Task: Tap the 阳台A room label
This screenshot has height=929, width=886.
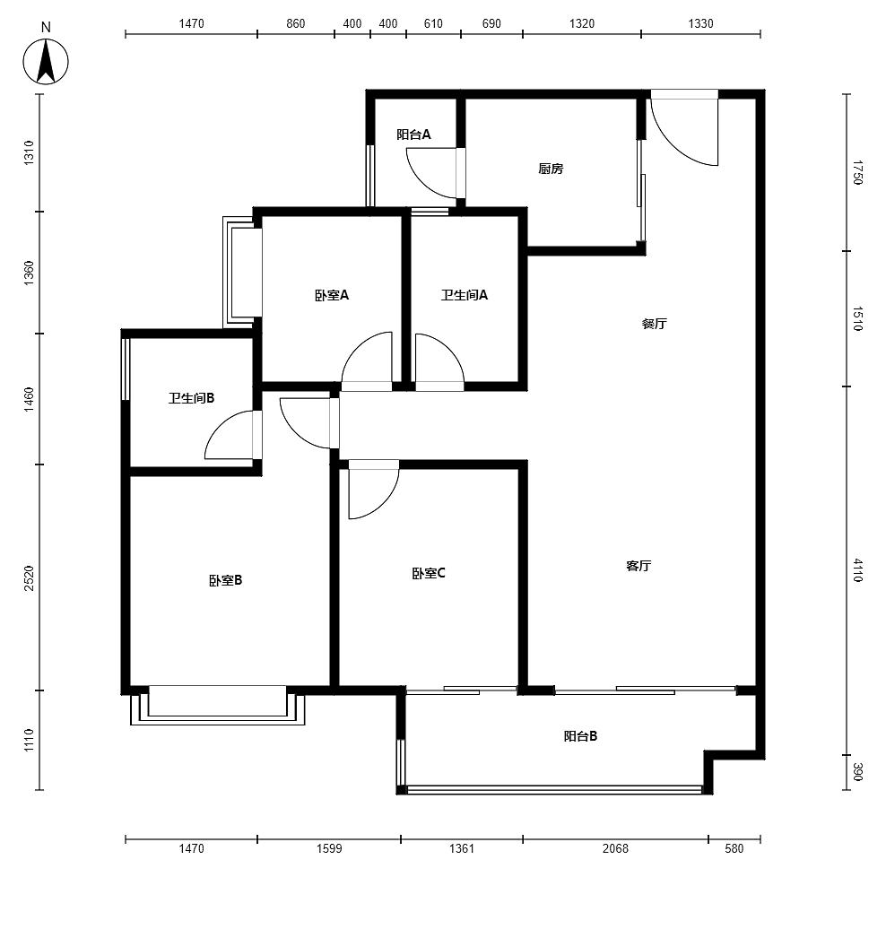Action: coord(413,135)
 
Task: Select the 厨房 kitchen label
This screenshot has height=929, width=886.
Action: coord(551,169)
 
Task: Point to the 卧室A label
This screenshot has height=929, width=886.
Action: coord(332,295)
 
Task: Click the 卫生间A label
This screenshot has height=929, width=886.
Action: coord(464,295)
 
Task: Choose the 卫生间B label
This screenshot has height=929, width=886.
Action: coord(191,398)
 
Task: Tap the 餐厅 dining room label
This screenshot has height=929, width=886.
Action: coord(655,324)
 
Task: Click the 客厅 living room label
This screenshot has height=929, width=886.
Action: coord(638,566)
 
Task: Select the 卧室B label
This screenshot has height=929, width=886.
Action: coord(225,581)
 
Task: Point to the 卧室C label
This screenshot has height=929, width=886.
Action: coord(429,574)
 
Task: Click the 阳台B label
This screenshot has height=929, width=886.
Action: coord(580,736)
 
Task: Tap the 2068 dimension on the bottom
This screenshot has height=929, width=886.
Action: coord(615,848)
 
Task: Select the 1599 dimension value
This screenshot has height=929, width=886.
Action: coord(329,848)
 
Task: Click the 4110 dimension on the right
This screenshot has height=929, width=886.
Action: coord(857,570)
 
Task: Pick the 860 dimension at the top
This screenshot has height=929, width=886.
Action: coord(295,23)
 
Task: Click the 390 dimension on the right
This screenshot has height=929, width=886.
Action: coord(857,772)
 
